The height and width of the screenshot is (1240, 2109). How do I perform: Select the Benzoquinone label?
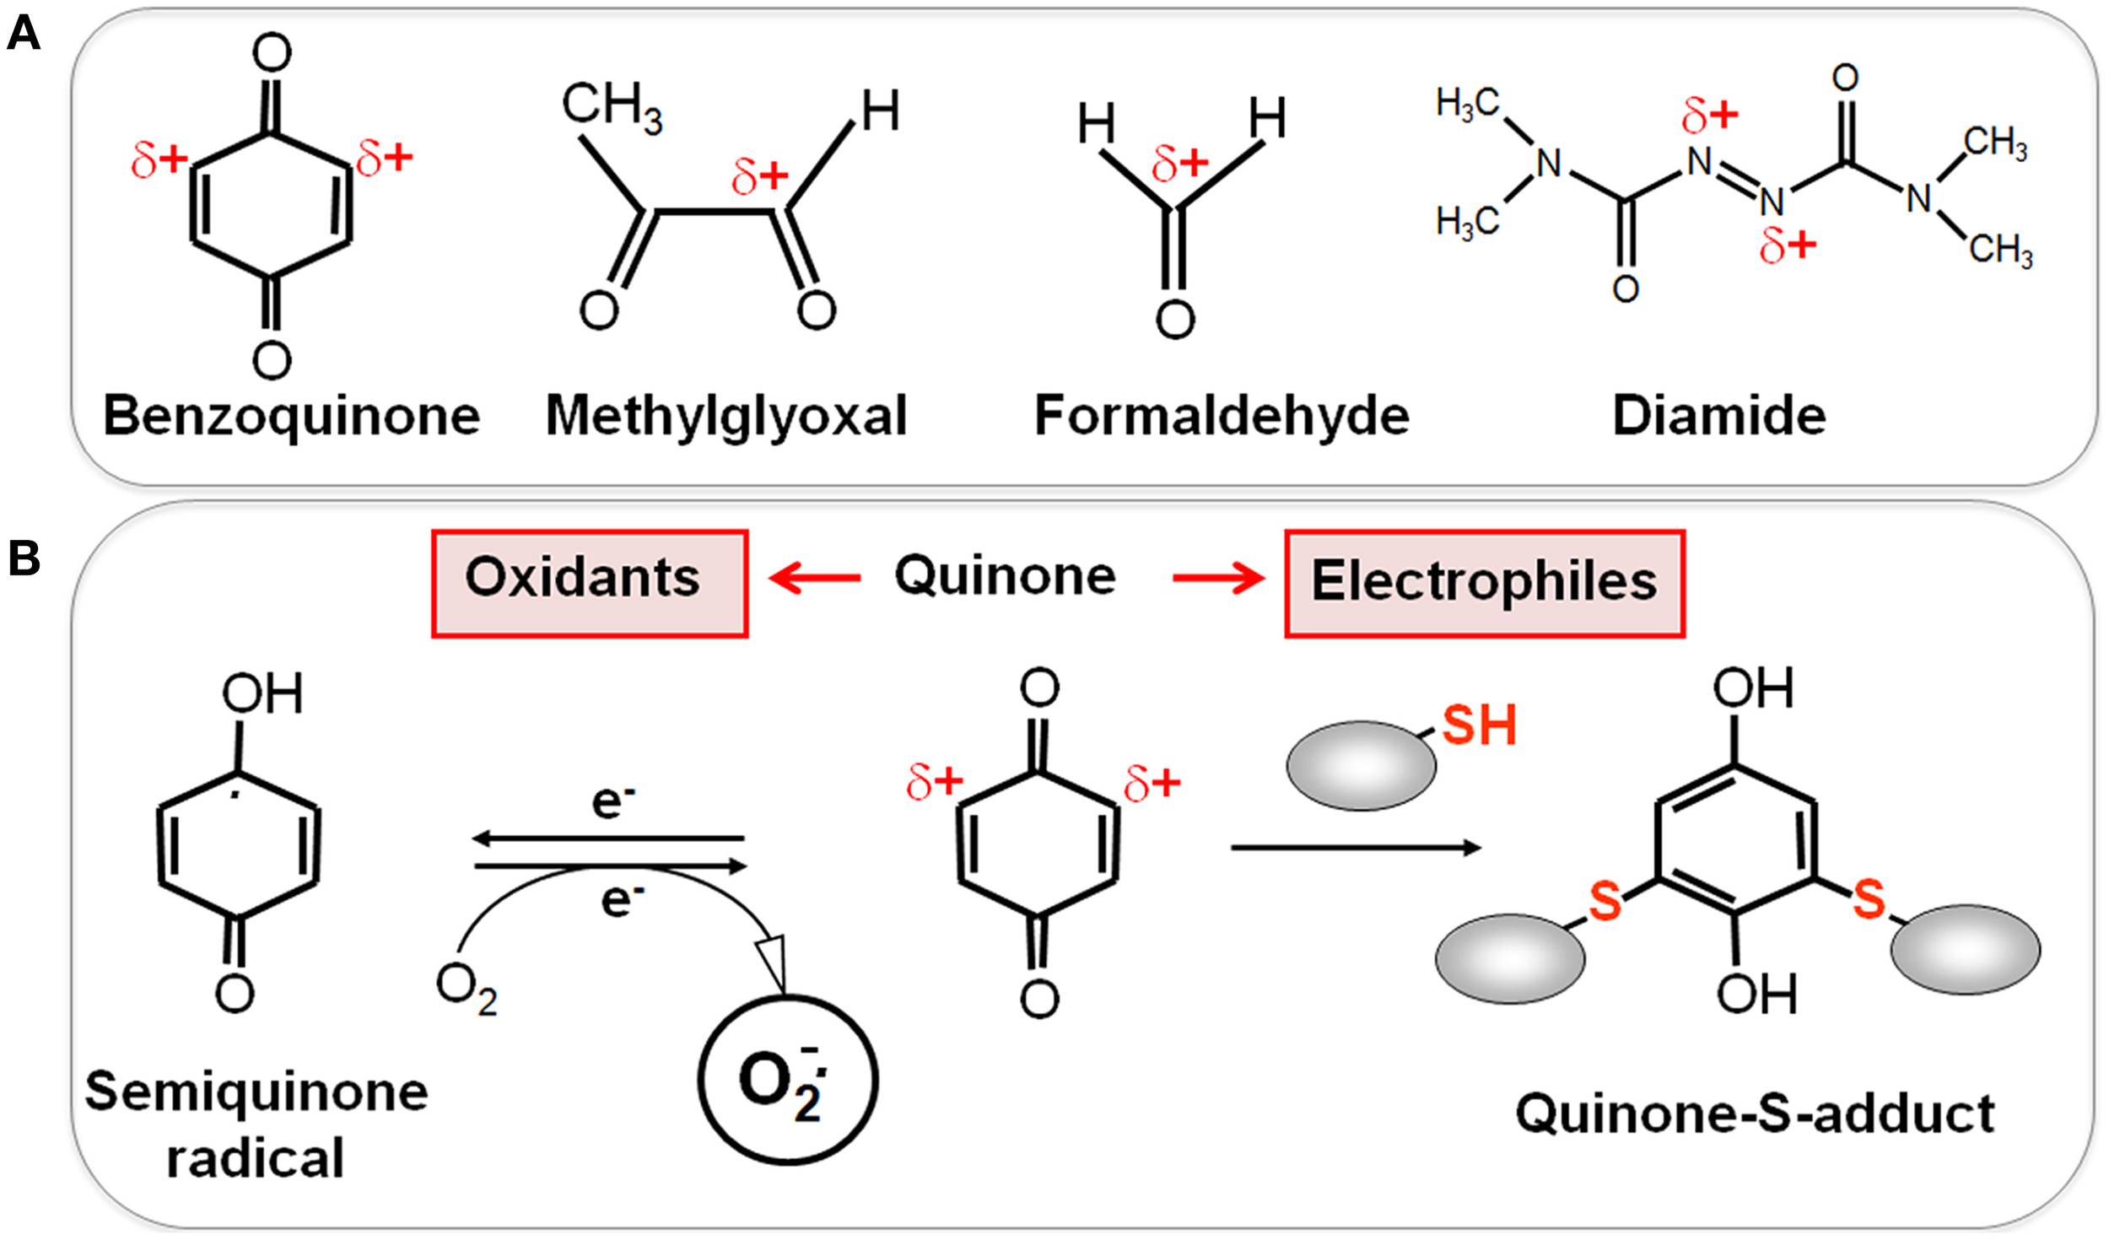point(291,416)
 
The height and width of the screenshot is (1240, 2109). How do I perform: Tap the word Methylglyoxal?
point(726,416)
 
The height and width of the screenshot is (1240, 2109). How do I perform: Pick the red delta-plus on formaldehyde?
point(1179,163)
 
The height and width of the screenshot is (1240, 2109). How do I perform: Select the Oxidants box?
point(589,583)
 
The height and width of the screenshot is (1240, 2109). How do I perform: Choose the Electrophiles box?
point(1484,583)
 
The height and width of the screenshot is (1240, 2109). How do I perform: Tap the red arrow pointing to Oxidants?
point(814,578)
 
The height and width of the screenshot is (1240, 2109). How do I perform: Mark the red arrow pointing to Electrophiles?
point(1218,578)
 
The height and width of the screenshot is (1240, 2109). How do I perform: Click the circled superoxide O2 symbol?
point(787,1080)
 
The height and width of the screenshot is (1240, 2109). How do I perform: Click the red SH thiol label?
point(1479,725)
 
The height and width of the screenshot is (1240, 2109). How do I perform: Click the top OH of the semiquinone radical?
point(262,694)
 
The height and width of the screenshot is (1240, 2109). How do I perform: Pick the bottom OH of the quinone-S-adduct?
point(1756,994)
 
